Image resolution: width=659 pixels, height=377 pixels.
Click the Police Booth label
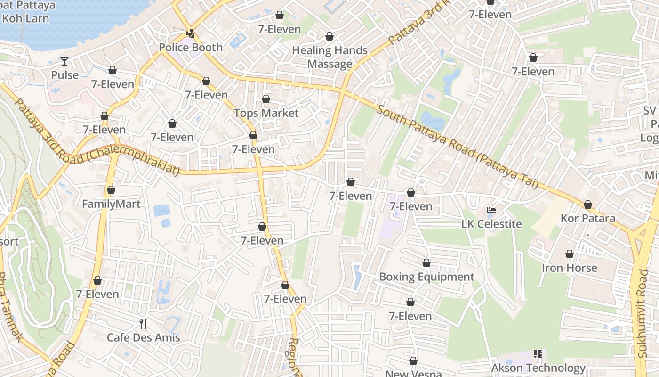190,48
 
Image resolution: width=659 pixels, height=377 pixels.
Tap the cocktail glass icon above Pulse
64,61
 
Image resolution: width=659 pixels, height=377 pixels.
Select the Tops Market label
266,113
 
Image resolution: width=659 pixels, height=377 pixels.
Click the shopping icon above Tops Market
266,99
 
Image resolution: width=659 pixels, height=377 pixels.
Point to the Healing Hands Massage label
329,57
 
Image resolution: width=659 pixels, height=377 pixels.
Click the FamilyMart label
111,204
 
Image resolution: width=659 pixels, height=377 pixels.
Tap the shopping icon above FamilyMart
111,190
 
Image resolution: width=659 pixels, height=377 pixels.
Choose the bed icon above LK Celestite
491,210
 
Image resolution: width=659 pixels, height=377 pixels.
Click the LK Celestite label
491,224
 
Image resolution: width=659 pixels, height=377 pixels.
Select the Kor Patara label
587,219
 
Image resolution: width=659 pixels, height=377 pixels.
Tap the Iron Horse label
569,268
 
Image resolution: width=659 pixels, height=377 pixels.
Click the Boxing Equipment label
426,277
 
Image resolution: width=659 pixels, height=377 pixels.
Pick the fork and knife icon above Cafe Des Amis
143,324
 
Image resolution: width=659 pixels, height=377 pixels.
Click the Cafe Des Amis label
143,337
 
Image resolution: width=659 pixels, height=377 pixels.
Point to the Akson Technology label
538,368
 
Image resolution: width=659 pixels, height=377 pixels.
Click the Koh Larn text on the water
25,19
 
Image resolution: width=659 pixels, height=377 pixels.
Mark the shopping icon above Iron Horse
570,254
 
